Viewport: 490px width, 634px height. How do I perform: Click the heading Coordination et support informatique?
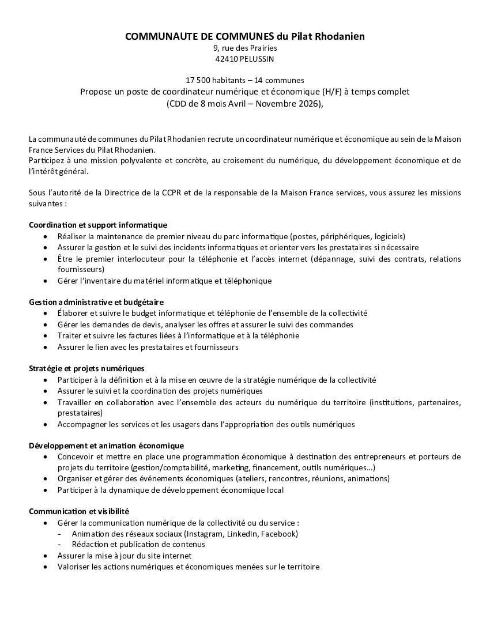pos(98,225)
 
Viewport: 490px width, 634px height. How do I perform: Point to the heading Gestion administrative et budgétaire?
pos(96,302)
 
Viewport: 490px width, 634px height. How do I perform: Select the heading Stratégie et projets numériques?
pos(86,368)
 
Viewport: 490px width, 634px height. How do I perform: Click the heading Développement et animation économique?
pos(106,446)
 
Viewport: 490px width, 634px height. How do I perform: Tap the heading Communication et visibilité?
pos(79,511)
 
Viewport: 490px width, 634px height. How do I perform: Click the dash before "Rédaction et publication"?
pos(60,545)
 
